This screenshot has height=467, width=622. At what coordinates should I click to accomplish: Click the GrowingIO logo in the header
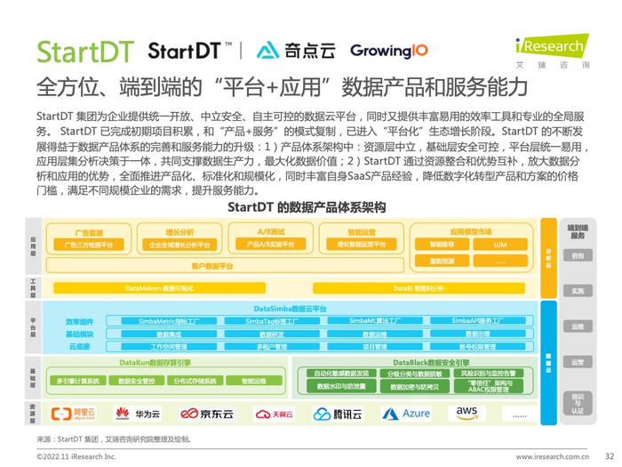tap(388, 51)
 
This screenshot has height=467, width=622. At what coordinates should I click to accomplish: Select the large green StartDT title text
tap(85, 52)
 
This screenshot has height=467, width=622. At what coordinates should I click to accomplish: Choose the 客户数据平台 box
tap(212, 265)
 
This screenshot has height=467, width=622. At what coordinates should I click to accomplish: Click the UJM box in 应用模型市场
tap(500, 244)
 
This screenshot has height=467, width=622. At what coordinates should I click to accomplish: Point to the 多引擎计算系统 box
tap(78, 381)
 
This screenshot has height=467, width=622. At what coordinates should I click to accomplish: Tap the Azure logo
tap(406, 414)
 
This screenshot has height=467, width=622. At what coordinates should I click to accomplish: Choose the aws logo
tap(467, 413)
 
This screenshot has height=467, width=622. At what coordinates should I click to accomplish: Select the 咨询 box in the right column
tap(578, 255)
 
